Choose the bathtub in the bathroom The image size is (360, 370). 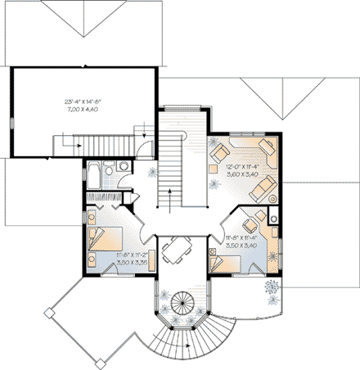tap(95, 175)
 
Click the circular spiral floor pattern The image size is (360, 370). tap(179, 305)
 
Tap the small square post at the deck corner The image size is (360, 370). tap(48, 311)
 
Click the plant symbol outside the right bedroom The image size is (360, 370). tap(272, 287)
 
